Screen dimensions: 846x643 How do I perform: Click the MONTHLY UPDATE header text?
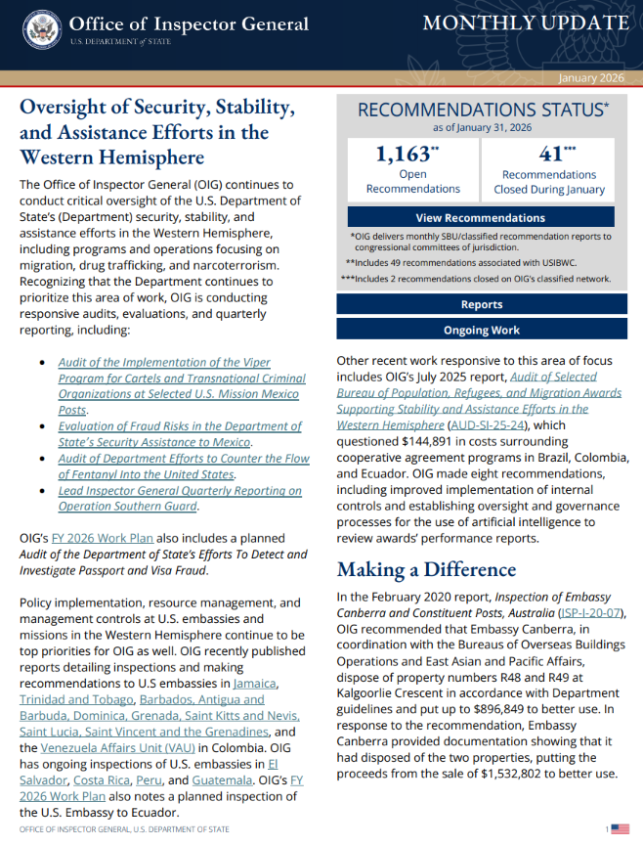524,24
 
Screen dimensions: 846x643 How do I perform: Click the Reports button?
481,305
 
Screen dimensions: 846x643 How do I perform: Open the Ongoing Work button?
481,331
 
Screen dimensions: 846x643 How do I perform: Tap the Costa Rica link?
101,779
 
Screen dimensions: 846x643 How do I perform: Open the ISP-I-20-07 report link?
583,612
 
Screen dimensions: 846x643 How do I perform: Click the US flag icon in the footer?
620,829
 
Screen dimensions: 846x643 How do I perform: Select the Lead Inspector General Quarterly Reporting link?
180,491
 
